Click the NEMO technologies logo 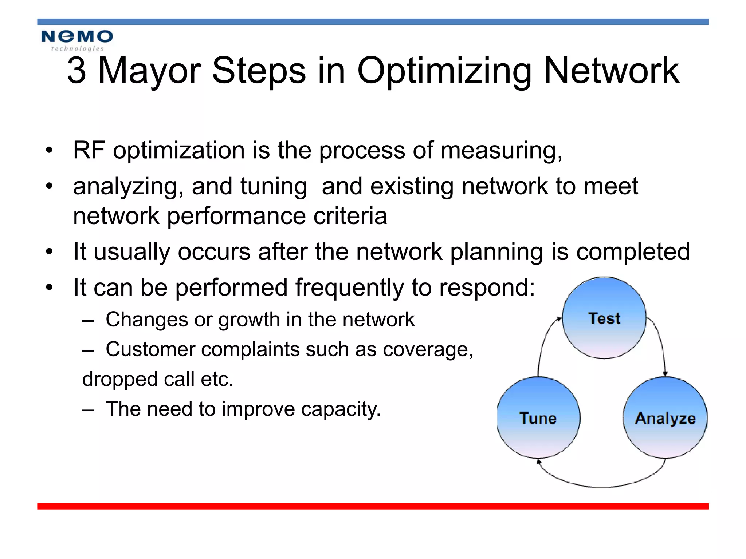(77, 40)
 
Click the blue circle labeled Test (604, 318)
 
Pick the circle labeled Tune (538, 417)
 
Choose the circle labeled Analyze (665, 417)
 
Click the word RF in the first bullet (89, 150)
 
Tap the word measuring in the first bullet (501, 151)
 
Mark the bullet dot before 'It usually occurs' (50, 251)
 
